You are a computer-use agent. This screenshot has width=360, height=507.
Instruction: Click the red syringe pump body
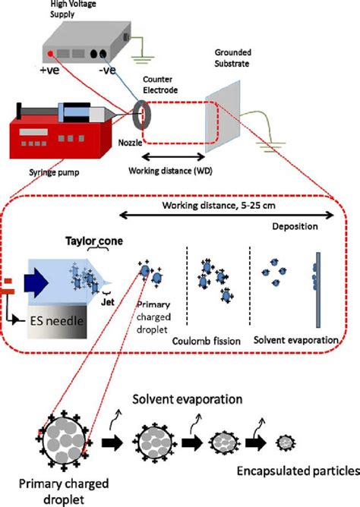pos(54,139)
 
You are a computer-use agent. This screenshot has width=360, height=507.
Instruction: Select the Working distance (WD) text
pos(170,170)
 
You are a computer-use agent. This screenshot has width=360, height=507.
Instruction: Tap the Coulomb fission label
pos(207,341)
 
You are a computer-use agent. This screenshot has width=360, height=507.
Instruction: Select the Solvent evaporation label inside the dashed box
pos(295,341)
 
